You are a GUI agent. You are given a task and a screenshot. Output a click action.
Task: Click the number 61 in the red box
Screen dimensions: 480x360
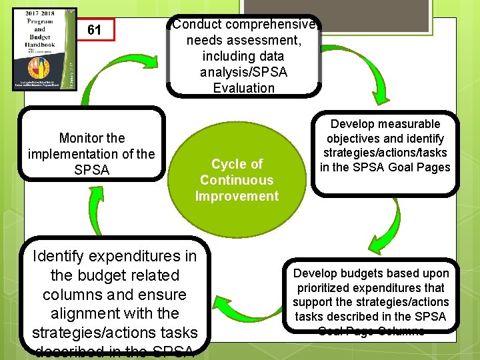pos(94,30)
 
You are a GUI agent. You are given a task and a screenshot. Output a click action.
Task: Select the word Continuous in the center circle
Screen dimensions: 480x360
pos(237,180)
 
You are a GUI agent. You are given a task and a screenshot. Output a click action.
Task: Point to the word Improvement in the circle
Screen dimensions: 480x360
pos(237,196)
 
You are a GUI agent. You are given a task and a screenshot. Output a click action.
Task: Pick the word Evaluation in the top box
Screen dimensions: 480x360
pos(243,88)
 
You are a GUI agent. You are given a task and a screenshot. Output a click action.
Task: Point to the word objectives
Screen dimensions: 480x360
pos(353,139)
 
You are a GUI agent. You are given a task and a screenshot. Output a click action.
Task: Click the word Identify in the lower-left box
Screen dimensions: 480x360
pos(61,256)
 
